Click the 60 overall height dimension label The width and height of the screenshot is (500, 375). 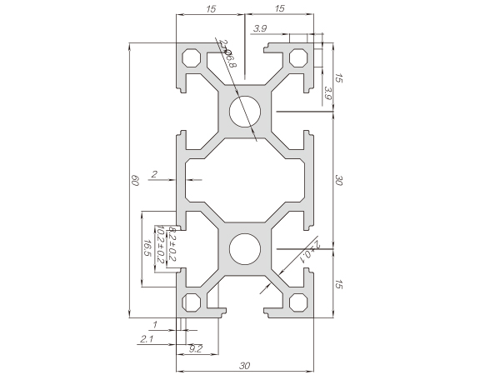[x=135, y=181]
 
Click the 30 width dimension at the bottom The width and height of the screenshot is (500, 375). [x=245, y=364]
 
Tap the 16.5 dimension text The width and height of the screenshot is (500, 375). [x=147, y=247]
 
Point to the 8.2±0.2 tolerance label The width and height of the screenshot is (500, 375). [x=172, y=242]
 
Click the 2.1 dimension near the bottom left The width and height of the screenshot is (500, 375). [x=147, y=338]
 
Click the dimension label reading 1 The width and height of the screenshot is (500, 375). [x=155, y=323]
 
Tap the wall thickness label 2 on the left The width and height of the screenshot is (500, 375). [x=155, y=174]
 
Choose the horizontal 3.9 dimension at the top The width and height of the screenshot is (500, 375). [x=259, y=29]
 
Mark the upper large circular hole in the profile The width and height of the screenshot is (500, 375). [x=246, y=111]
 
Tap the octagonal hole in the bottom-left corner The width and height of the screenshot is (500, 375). [x=191, y=302]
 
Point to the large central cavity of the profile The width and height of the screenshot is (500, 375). [x=246, y=179]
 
